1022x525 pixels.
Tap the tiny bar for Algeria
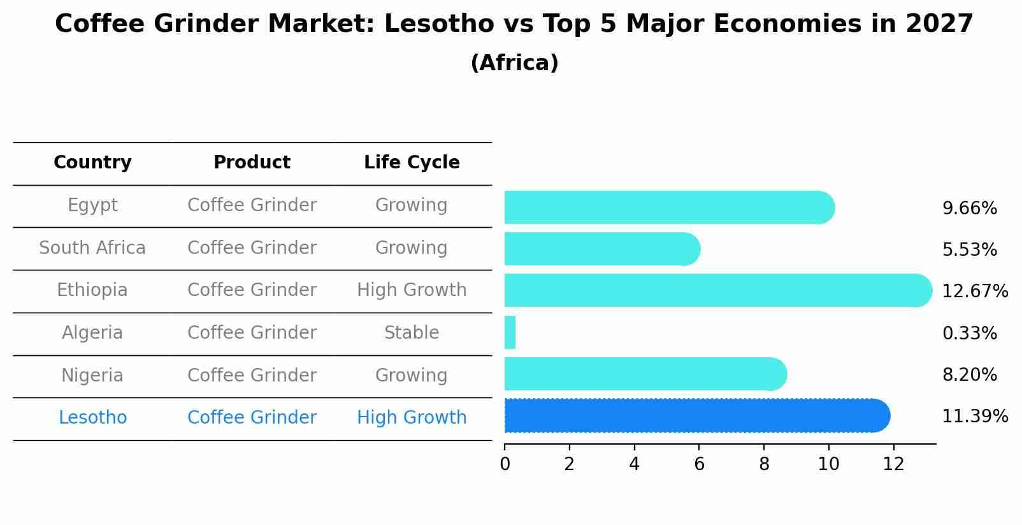tap(510, 332)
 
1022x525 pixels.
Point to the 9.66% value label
tap(969, 209)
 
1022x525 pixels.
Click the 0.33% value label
tap(969, 333)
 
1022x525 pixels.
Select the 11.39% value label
tap(974, 417)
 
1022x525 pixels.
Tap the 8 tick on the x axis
tap(764, 464)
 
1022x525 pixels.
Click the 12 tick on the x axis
tap(893, 464)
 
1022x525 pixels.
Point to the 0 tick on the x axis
tap(505, 464)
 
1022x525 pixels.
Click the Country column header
tap(92, 163)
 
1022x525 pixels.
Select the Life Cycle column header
tap(412, 163)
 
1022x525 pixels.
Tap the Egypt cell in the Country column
tap(92, 205)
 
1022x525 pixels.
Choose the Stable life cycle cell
tap(412, 333)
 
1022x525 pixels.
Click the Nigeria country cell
tap(92, 375)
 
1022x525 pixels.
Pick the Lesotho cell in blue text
tap(92, 418)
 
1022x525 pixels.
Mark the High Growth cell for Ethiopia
tap(412, 290)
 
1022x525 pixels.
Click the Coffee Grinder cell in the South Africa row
tap(252, 248)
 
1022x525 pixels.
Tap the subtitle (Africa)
tap(514, 63)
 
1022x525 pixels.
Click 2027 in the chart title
tap(939, 24)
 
